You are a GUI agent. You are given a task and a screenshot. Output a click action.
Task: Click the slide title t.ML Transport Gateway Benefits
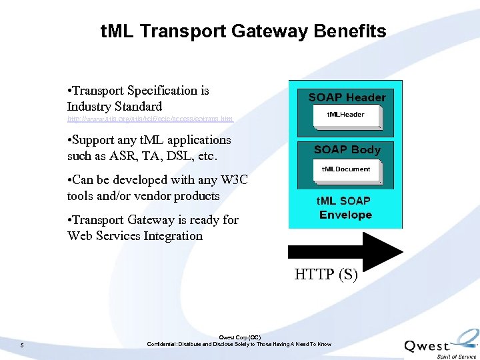tap(243, 31)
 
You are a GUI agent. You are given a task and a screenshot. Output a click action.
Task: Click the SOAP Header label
tap(347, 97)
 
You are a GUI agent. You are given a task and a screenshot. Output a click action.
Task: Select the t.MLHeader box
tap(345, 115)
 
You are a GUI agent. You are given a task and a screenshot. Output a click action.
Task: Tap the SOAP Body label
tap(347, 150)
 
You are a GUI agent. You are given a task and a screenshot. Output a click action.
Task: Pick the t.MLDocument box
tap(345, 170)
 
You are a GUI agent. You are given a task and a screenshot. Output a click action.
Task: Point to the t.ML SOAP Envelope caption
tap(345, 207)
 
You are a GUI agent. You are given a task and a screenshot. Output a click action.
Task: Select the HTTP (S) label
tap(326, 274)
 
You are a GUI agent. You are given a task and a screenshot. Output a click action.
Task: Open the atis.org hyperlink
tap(150, 119)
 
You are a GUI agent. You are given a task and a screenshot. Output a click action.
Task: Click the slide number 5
tap(22, 345)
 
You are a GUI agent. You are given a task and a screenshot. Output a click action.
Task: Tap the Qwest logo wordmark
tap(427, 346)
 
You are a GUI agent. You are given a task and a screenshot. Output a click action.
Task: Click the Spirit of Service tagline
tap(457, 357)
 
